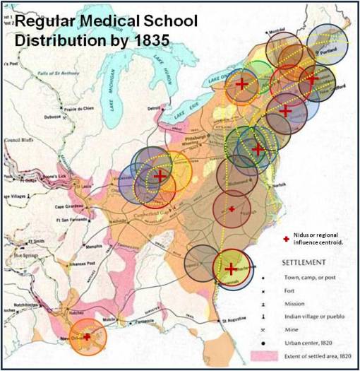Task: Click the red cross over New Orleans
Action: tap(87, 337)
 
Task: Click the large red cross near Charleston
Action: tap(231, 269)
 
